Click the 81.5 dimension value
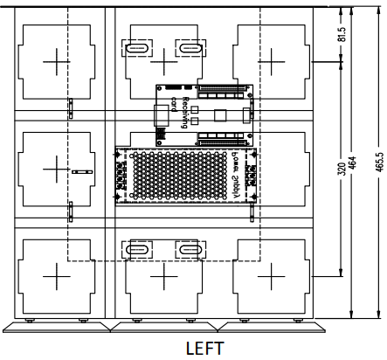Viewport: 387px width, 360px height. pyautogui.click(x=342, y=34)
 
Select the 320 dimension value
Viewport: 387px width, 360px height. pyautogui.click(x=342, y=169)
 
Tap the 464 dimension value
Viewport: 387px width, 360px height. pyautogui.click(x=352, y=163)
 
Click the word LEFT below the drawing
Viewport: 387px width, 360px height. pyautogui.click(x=205, y=349)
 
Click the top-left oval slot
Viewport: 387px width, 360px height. pyautogui.click(x=137, y=48)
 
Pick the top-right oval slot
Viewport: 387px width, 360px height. pyautogui.click(x=190, y=48)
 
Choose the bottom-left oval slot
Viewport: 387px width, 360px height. pyautogui.click(x=137, y=250)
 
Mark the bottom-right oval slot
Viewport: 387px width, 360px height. pyautogui.click(x=190, y=250)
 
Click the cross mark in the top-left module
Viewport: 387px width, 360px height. pyautogui.click(x=57, y=62)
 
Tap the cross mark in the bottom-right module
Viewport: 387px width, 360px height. pyautogui.click(x=272, y=276)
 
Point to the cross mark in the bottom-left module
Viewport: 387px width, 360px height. pyautogui.click(x=57, y=276)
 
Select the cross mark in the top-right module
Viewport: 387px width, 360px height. pyautogui.click(x=272, y=62)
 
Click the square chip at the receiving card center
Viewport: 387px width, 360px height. pyautogui.click(x=220, y=115)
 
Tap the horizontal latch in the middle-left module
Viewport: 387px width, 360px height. pyautogui.click(x=82, y=172)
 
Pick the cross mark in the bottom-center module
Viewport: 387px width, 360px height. pyautogui.click(x=164, y=276)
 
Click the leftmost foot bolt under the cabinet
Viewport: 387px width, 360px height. pyautogui.click(x=29, y=321)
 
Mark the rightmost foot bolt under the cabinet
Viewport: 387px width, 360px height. pyautogui.click(x=298, y=321)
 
